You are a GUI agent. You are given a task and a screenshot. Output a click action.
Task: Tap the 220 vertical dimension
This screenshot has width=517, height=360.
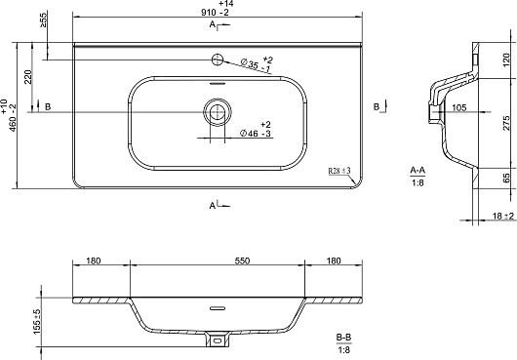coord(28,77)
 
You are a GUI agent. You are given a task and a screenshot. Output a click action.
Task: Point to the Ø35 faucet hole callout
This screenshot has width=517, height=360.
coord(257,64)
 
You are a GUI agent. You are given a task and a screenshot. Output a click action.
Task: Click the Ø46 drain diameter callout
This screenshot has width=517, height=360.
coord(256,129)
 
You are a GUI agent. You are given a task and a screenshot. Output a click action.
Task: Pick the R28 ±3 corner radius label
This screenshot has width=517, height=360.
coord(339,171)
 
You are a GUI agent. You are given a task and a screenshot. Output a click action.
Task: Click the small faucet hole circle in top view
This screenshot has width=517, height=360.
coord(218,60)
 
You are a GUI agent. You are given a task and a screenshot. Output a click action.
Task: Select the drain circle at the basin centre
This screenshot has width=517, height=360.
coord(218,112)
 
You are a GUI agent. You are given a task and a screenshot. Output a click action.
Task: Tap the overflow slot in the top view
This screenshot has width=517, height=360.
coord(218,83)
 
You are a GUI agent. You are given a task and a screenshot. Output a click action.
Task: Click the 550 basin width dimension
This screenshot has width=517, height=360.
coord(242,260)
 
